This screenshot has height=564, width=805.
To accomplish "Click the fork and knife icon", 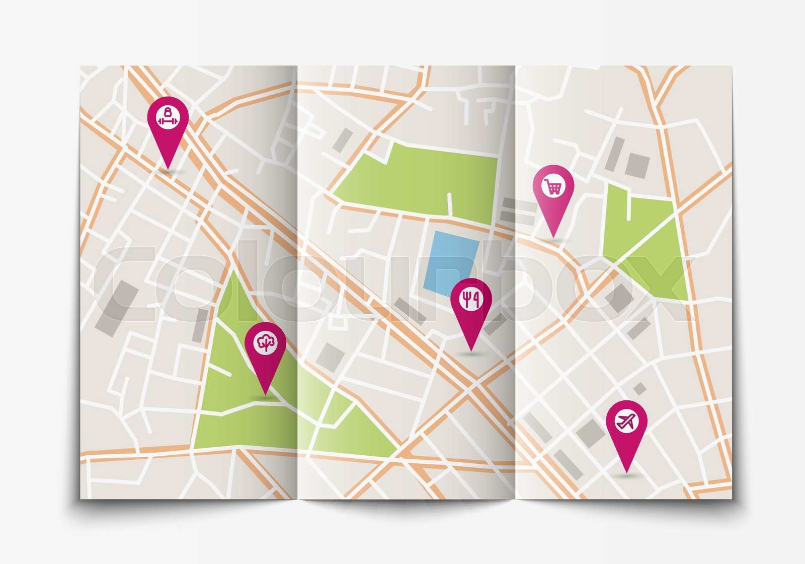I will tap(471, 298).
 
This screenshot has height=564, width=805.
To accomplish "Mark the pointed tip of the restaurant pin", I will tap(471, 350).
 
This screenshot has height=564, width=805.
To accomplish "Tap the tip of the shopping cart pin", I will tap(553, 238).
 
